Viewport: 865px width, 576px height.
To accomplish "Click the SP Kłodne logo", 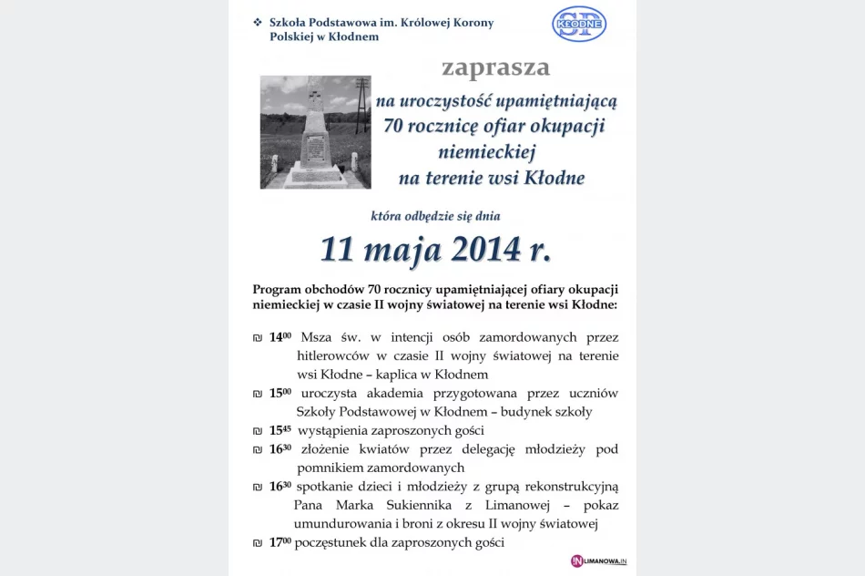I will click(579, 24).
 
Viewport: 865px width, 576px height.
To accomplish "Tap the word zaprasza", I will click(495, 68).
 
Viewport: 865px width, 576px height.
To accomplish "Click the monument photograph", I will click(315, 132).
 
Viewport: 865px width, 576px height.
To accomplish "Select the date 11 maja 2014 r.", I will click(434, 248).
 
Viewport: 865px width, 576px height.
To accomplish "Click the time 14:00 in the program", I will click(280, 337).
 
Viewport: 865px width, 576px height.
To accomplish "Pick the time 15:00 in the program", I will click(280, 393).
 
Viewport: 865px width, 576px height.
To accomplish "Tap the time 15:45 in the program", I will click(280, 430).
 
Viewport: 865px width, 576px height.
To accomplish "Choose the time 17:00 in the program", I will click(280, 542).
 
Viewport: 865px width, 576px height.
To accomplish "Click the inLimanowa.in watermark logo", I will click(598, 561).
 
